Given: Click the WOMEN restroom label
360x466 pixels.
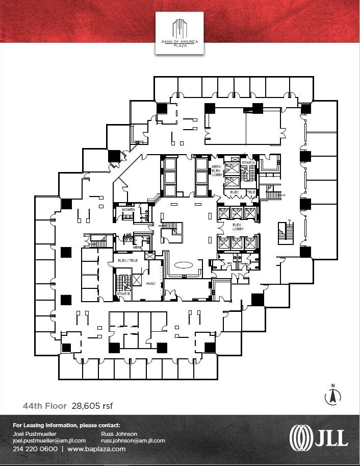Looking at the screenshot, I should coord(127,209).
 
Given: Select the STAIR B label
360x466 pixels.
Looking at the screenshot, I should coord(122,295).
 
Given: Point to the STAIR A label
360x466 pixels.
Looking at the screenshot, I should coord(248,163).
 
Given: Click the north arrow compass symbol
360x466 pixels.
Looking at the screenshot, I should coord(332,395).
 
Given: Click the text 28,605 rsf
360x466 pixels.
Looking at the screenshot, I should coord(92,406).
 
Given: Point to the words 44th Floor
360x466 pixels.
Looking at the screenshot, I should coord(44,406).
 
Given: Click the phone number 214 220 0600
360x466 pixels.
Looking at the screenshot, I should coord(34,449).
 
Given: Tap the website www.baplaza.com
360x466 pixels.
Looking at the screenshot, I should coord(96,449).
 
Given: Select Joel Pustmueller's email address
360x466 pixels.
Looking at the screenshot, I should coord(49,440).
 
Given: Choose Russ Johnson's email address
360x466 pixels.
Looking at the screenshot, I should coord(133,440).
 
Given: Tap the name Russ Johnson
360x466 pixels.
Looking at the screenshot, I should coord(119,434).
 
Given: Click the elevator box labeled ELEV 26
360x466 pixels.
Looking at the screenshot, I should coord(232,169).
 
